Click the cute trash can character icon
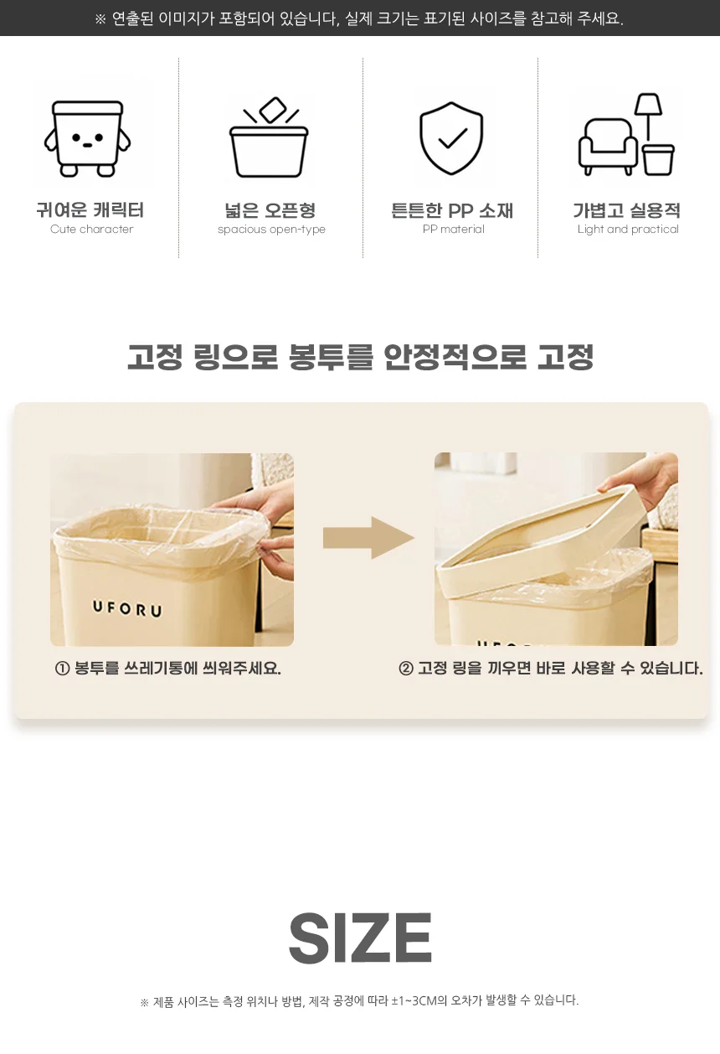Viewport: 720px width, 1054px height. (87, 138)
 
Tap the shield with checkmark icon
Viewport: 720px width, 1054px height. (451, 138)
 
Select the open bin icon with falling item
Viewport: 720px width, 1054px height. (269, 137)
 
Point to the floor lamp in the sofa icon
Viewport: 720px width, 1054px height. (648, 116)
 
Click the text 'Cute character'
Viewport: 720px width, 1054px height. (92, 230)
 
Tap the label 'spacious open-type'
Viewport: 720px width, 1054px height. (271, 230)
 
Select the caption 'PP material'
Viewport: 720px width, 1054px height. (454, 230)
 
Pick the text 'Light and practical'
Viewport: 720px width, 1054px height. (628, 230)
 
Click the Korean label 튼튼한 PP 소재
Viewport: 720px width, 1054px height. (452, 210)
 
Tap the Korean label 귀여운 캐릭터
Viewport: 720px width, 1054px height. (90, 209)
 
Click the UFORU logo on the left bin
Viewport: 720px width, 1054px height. (127, 608)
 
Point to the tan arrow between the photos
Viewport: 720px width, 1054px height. (368, 538)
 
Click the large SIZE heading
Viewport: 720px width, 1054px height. (360, 938)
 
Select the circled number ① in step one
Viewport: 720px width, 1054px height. (62, 669)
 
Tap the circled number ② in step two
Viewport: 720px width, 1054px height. (406, 669)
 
